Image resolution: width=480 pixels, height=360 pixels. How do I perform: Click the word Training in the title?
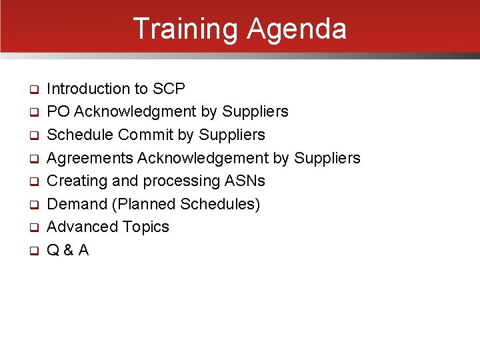(x=186, y=29)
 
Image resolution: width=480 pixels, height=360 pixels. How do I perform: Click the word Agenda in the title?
(x=297, y=29)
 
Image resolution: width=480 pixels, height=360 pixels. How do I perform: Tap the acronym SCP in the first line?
(x=169, y=89)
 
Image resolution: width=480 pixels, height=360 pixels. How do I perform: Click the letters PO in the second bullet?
(x=58, y=111)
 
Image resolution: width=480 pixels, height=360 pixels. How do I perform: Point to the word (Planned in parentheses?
(x=143, y=204)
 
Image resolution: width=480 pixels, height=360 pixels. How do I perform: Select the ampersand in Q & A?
(x=68, y=250)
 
